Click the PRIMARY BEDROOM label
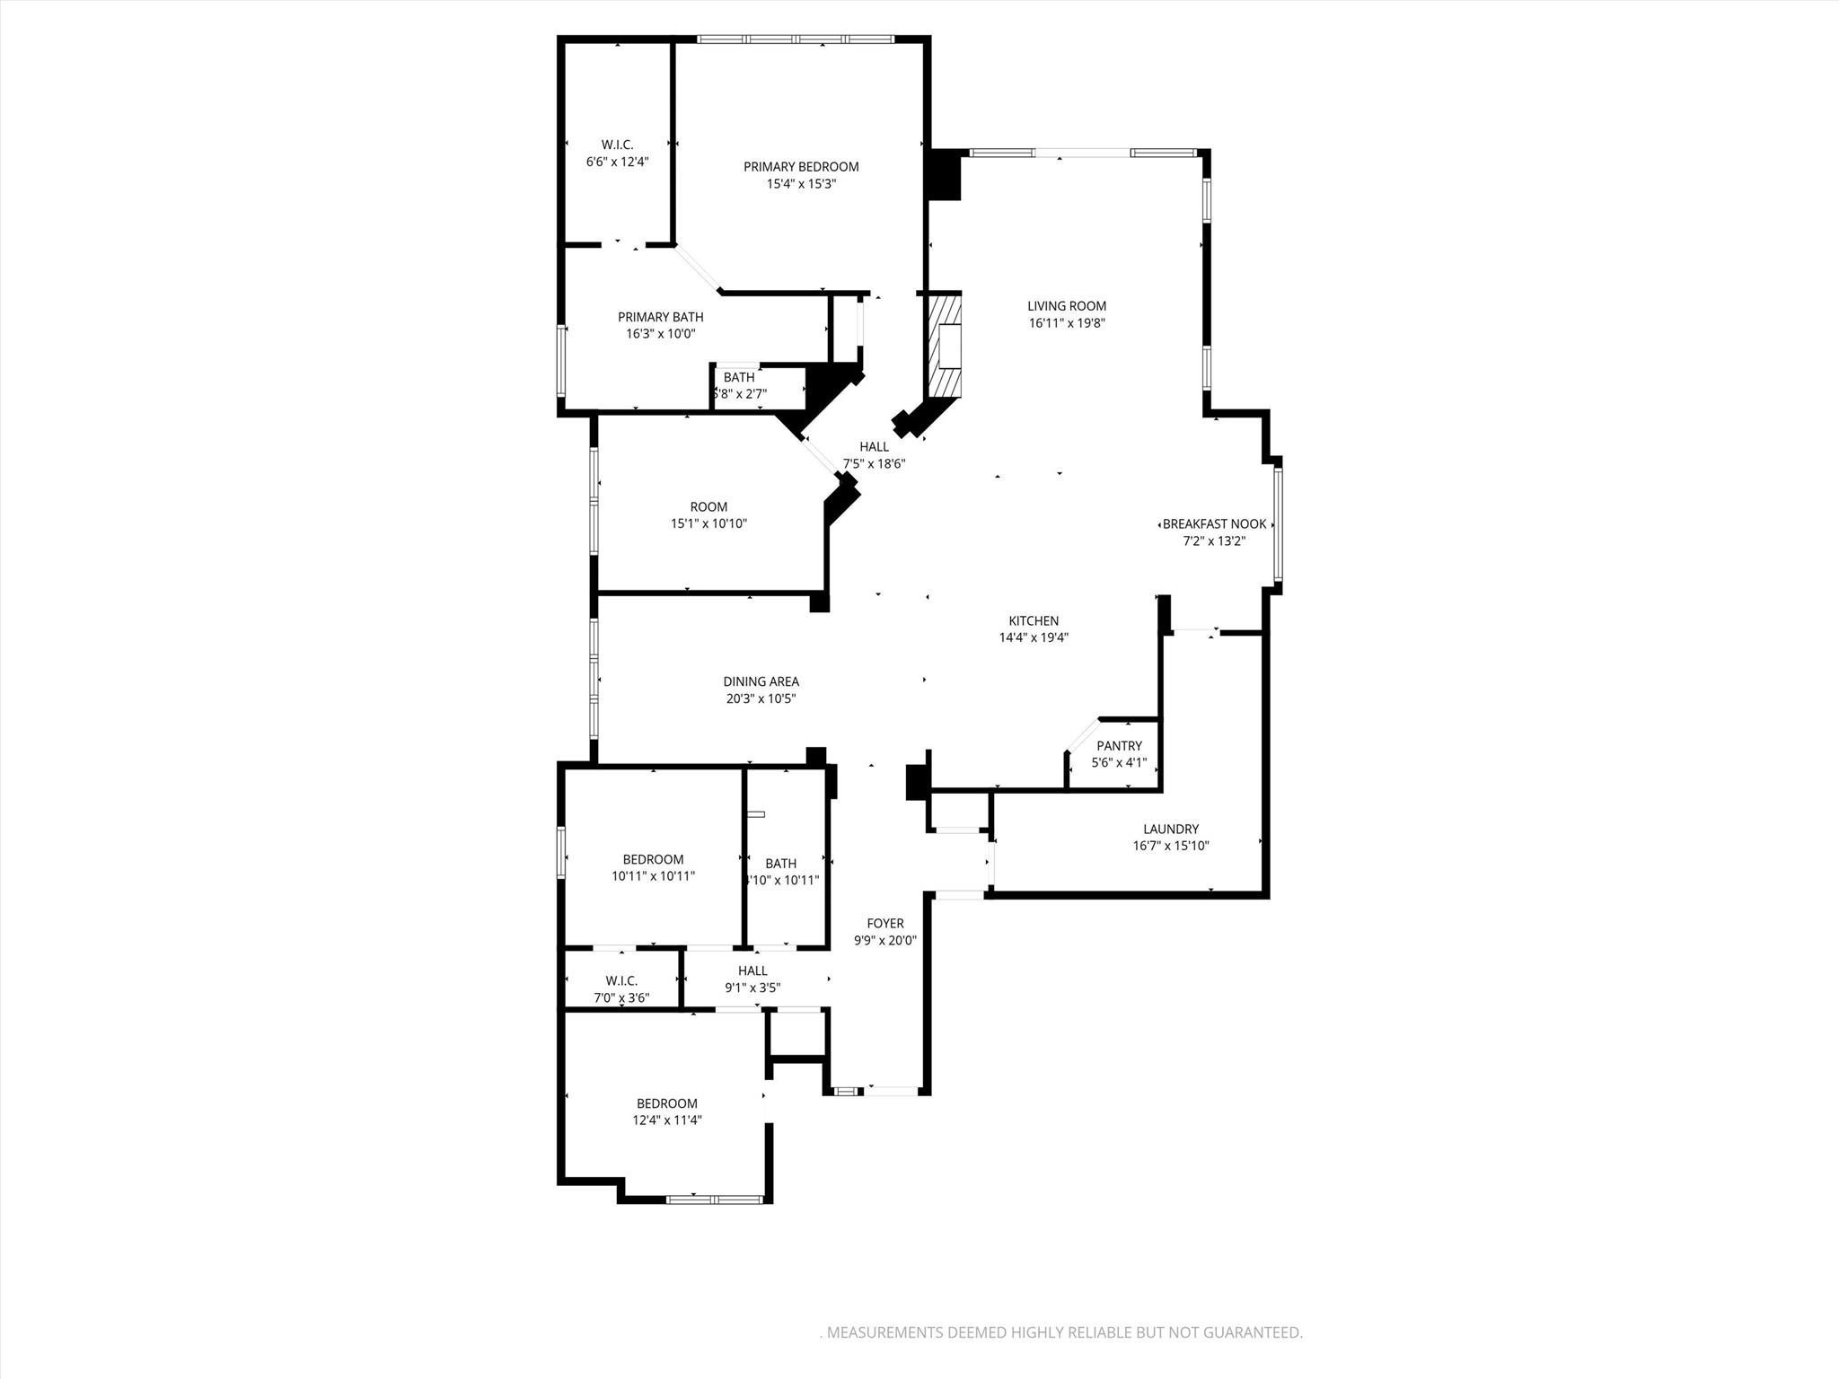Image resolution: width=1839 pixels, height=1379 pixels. pyautogui.click(x=801, y=167)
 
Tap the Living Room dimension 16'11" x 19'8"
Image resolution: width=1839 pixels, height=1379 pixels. pyautogui.click(x=1067, y=323)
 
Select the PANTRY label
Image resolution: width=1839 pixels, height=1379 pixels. pyautogui.click(x=1119, y=746)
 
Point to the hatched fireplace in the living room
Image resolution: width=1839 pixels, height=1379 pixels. pyautogui.click(x=944, y=347)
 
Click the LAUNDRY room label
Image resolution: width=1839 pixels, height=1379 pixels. pyautogui.click(x=1171, y=830)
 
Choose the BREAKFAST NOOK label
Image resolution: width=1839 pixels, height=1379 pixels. pyautogui.click(x=1214, y=524)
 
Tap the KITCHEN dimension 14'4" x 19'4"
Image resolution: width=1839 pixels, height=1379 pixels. pyautogui.click(x=1034, y=638)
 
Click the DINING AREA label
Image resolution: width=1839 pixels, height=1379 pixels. pyautogui.click(x=761, y=681)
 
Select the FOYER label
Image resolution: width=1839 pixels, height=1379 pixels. pyautogui.click(x=884, y=924)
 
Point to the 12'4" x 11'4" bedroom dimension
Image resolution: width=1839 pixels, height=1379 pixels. pyautogui.click(x=666, y=1120)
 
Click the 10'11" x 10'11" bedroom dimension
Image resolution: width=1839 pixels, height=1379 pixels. pyautogui.click(x=653, y=876)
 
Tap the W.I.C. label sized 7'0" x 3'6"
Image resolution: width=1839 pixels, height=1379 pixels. pyautogui.click(x=621, y=981)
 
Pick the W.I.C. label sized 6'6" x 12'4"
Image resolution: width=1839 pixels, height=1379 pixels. pyautogui.click(x=617, y=145)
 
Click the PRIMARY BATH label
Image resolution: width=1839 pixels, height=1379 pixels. pyautogui.click(x=660, y=317)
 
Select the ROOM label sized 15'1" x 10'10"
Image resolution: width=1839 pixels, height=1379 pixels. pyautogui.click(x=708, y=507)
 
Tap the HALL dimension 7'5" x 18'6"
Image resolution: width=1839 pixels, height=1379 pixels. pyautogui.click(x=873, y=464)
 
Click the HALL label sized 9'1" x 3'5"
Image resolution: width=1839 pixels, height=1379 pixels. pyautogui.click(x=752, y=971)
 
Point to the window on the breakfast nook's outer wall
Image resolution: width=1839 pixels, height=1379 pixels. pyautogui.click(x=1278, y=524)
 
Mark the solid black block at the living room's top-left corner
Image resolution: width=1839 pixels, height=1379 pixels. pyautogui.click(x=944, y=175)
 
